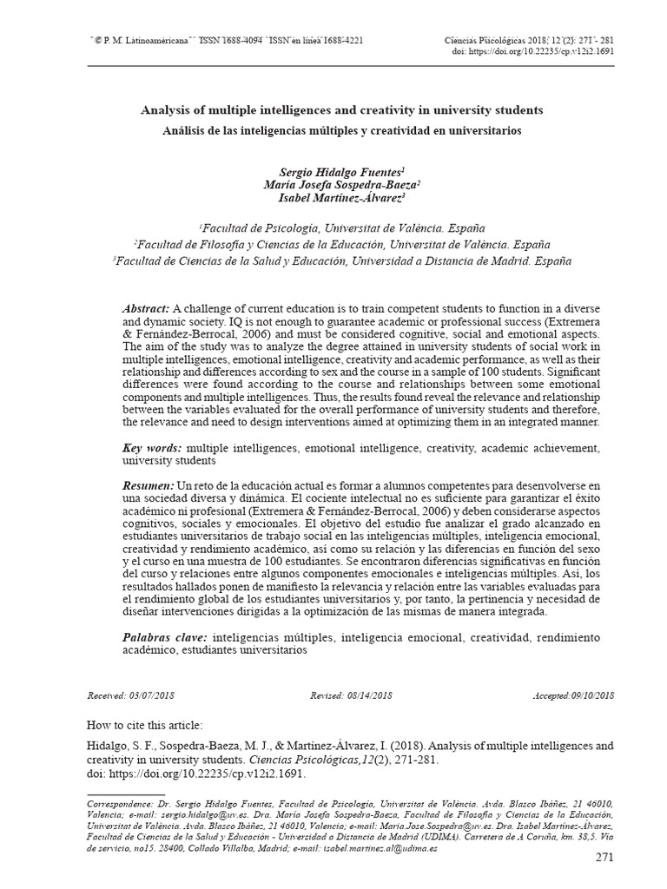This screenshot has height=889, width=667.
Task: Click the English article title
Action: point(341,111)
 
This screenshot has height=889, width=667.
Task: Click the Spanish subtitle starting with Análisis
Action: point(341,130)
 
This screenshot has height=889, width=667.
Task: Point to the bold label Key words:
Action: point(152,447)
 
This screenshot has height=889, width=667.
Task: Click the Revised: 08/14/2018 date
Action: point(351,696)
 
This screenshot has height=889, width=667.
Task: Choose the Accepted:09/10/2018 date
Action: point(574,696)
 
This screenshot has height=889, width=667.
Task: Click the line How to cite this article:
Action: point(144,724)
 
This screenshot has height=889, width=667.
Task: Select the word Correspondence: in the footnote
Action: point(116,804)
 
